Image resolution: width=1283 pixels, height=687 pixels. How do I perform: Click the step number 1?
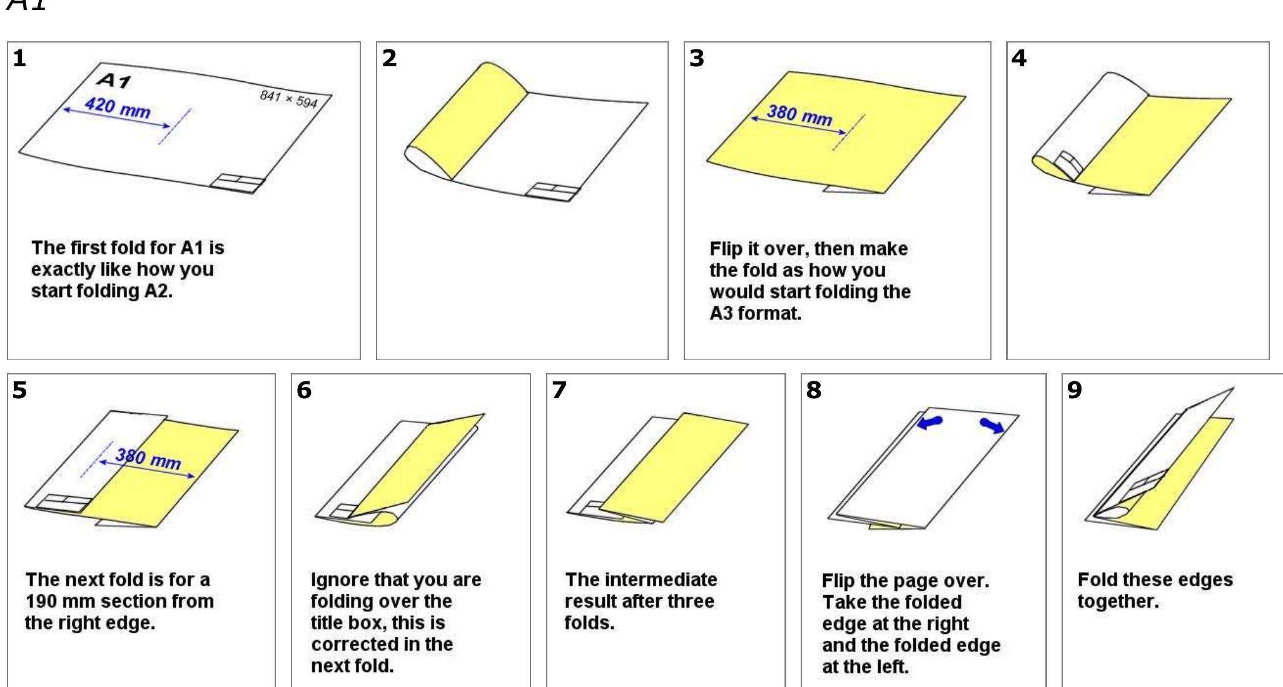point(19,58)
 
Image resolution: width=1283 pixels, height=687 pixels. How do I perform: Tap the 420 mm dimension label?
point(118,107)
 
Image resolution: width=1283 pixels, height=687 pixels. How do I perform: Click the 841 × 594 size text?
point(288,98)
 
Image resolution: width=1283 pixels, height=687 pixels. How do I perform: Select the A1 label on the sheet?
point(114,80)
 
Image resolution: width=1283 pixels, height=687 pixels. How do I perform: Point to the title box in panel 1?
point(237,184)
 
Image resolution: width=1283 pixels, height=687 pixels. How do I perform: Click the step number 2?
point(389,58)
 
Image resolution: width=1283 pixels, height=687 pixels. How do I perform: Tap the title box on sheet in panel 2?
point(552,191)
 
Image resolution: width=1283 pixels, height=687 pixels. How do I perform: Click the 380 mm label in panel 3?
point(799,115)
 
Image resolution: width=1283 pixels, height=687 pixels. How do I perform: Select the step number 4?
point(1018,58)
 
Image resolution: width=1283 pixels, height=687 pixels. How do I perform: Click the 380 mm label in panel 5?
point(148,459)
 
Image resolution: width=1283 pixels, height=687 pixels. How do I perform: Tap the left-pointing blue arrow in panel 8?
point(930,423)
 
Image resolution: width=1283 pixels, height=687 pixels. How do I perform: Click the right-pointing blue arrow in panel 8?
point(992,426)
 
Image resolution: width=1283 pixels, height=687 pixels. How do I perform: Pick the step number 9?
point(1074,390)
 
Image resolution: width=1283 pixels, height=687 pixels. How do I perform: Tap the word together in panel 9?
point(1117,601)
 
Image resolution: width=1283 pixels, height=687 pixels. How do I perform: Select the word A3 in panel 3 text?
point(721,313)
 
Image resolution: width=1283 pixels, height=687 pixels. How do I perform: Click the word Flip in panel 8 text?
point(838,581)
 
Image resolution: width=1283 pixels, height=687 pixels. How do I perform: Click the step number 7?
point(559,390)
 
